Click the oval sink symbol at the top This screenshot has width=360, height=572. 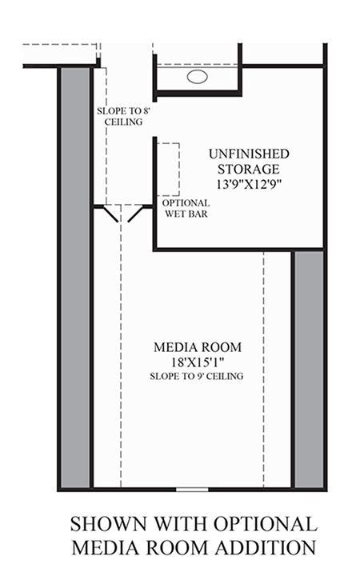[197, 78]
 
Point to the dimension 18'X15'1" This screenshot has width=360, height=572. [198, 362]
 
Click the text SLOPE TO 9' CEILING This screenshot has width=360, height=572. [198, 375]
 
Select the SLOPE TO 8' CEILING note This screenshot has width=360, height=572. [120, 117]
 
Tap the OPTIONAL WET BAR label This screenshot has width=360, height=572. [186, 208]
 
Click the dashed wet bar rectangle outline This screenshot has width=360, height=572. [168, 169]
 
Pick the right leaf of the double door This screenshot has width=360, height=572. [136, 214]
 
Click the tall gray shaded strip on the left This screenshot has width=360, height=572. [75, 276]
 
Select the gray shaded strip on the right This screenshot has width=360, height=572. [309, 368]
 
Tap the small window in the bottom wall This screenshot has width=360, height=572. [192, 488]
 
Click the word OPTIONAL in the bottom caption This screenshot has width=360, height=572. [264, 525]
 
